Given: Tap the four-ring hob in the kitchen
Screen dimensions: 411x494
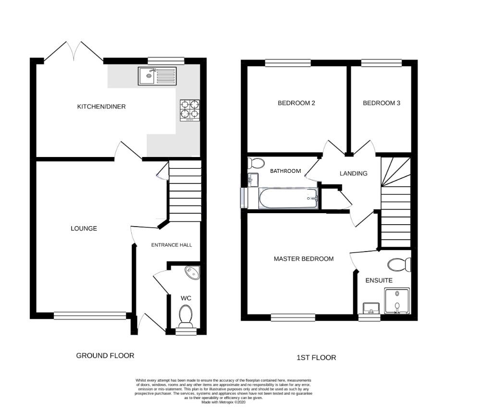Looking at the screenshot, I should [x=189, y=109].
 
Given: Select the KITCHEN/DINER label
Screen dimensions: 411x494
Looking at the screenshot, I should [x=101, y=107].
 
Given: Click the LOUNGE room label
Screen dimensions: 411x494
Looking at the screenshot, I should [x=84, y=229].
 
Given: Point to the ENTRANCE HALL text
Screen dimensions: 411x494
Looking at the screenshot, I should [x=172, y=245].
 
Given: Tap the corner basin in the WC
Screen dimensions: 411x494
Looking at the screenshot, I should [x=194, y=273].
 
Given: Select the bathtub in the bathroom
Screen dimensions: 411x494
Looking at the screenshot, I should [x=288, y=198].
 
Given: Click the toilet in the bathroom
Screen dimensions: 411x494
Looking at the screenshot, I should [x=256, y=163].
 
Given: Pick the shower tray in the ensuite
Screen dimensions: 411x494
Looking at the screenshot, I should [x=397, y=301].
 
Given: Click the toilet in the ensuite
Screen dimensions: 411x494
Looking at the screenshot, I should [x=399, y=265].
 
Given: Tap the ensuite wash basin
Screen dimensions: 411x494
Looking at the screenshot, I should [x=371, y=308].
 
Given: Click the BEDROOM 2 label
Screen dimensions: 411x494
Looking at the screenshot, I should [x=296, y=103].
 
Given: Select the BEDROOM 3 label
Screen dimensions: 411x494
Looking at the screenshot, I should [x=381, y=103].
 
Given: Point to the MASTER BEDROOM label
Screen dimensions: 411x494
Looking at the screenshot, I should [x=303, y=259].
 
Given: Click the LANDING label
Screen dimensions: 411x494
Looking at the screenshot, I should [x=353, y=174].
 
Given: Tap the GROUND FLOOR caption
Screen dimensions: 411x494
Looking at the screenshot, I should [x=105, y=356].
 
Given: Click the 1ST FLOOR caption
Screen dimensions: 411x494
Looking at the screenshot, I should [x=316, y=358].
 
